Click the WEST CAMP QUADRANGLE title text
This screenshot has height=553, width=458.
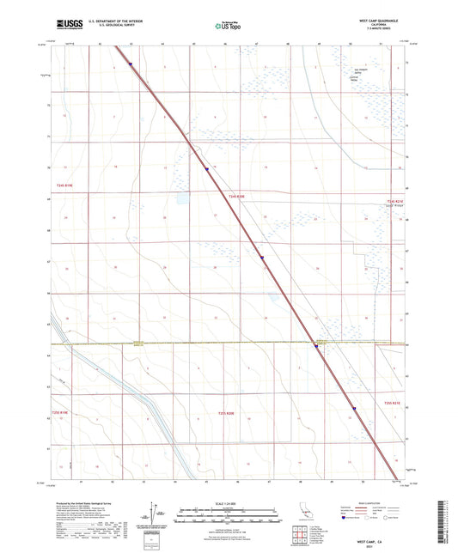click(x=377, y=20)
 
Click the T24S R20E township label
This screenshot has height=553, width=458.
click(x=237, y=197)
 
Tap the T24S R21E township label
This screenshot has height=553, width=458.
click(x=395, y=202)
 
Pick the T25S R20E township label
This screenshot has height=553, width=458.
click(x=227, y=413)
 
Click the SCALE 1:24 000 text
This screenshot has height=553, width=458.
click(x=229, y=503)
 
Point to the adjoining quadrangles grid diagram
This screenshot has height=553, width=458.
click(x=301, y=536)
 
